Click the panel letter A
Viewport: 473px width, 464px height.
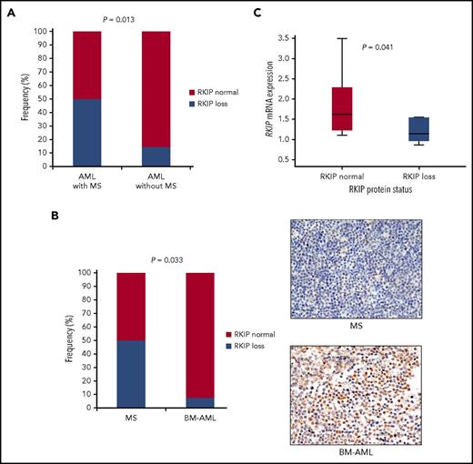click(15, 13)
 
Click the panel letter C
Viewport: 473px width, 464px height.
click(257, 13)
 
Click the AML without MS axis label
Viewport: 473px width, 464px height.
click(154, 182)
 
